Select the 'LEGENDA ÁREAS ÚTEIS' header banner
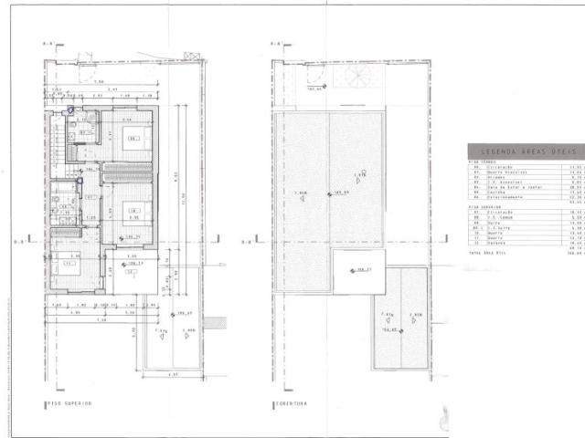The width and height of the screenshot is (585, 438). click(521, 152)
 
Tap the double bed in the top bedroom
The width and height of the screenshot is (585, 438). click(133, 140)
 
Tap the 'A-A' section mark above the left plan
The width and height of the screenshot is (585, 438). click(48, 43)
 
